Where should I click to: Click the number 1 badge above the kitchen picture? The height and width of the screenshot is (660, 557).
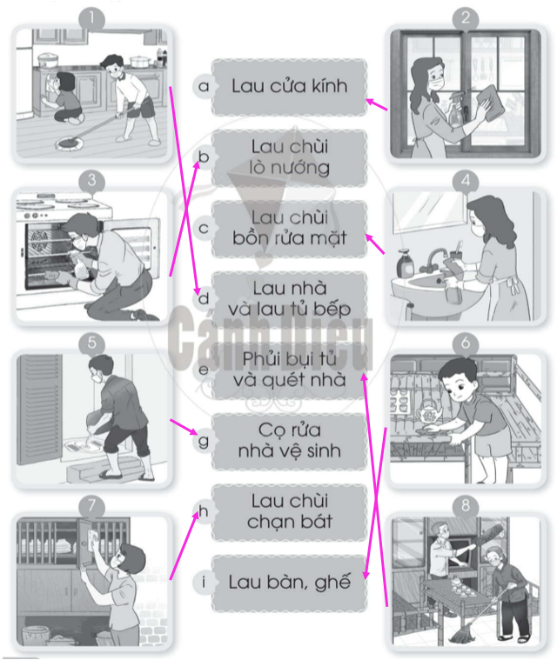[x=92, y=18]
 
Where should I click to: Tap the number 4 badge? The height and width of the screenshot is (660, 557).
[x=466, y=181]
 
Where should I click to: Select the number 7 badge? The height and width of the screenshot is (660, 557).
[x=92, y=505]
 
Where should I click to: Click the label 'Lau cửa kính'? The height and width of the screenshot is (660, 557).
[x=290, y=86]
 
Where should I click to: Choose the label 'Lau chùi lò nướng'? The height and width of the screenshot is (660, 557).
[x=290, y=157]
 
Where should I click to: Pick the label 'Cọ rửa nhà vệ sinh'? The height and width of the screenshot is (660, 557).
[x=290, y=441]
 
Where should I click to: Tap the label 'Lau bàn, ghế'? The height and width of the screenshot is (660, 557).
[x=290, y=583]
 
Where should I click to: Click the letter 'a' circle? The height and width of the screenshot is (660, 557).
[x=204, y=86]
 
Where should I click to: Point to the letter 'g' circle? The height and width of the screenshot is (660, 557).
[x=204, y=441]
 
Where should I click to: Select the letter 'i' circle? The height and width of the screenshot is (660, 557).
[x=204, y=583]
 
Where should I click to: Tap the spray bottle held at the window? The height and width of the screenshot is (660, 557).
[x=456, y=110]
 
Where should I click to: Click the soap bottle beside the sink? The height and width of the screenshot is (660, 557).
[x=405, y=263]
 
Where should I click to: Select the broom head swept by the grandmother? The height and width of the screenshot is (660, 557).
[x=463, y=634]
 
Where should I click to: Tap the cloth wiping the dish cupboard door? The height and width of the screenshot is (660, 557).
[x=93, y=537]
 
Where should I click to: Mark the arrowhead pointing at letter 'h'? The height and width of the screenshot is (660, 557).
[x=196, y=515]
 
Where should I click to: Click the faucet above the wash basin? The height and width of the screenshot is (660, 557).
[x=434, y=257]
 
